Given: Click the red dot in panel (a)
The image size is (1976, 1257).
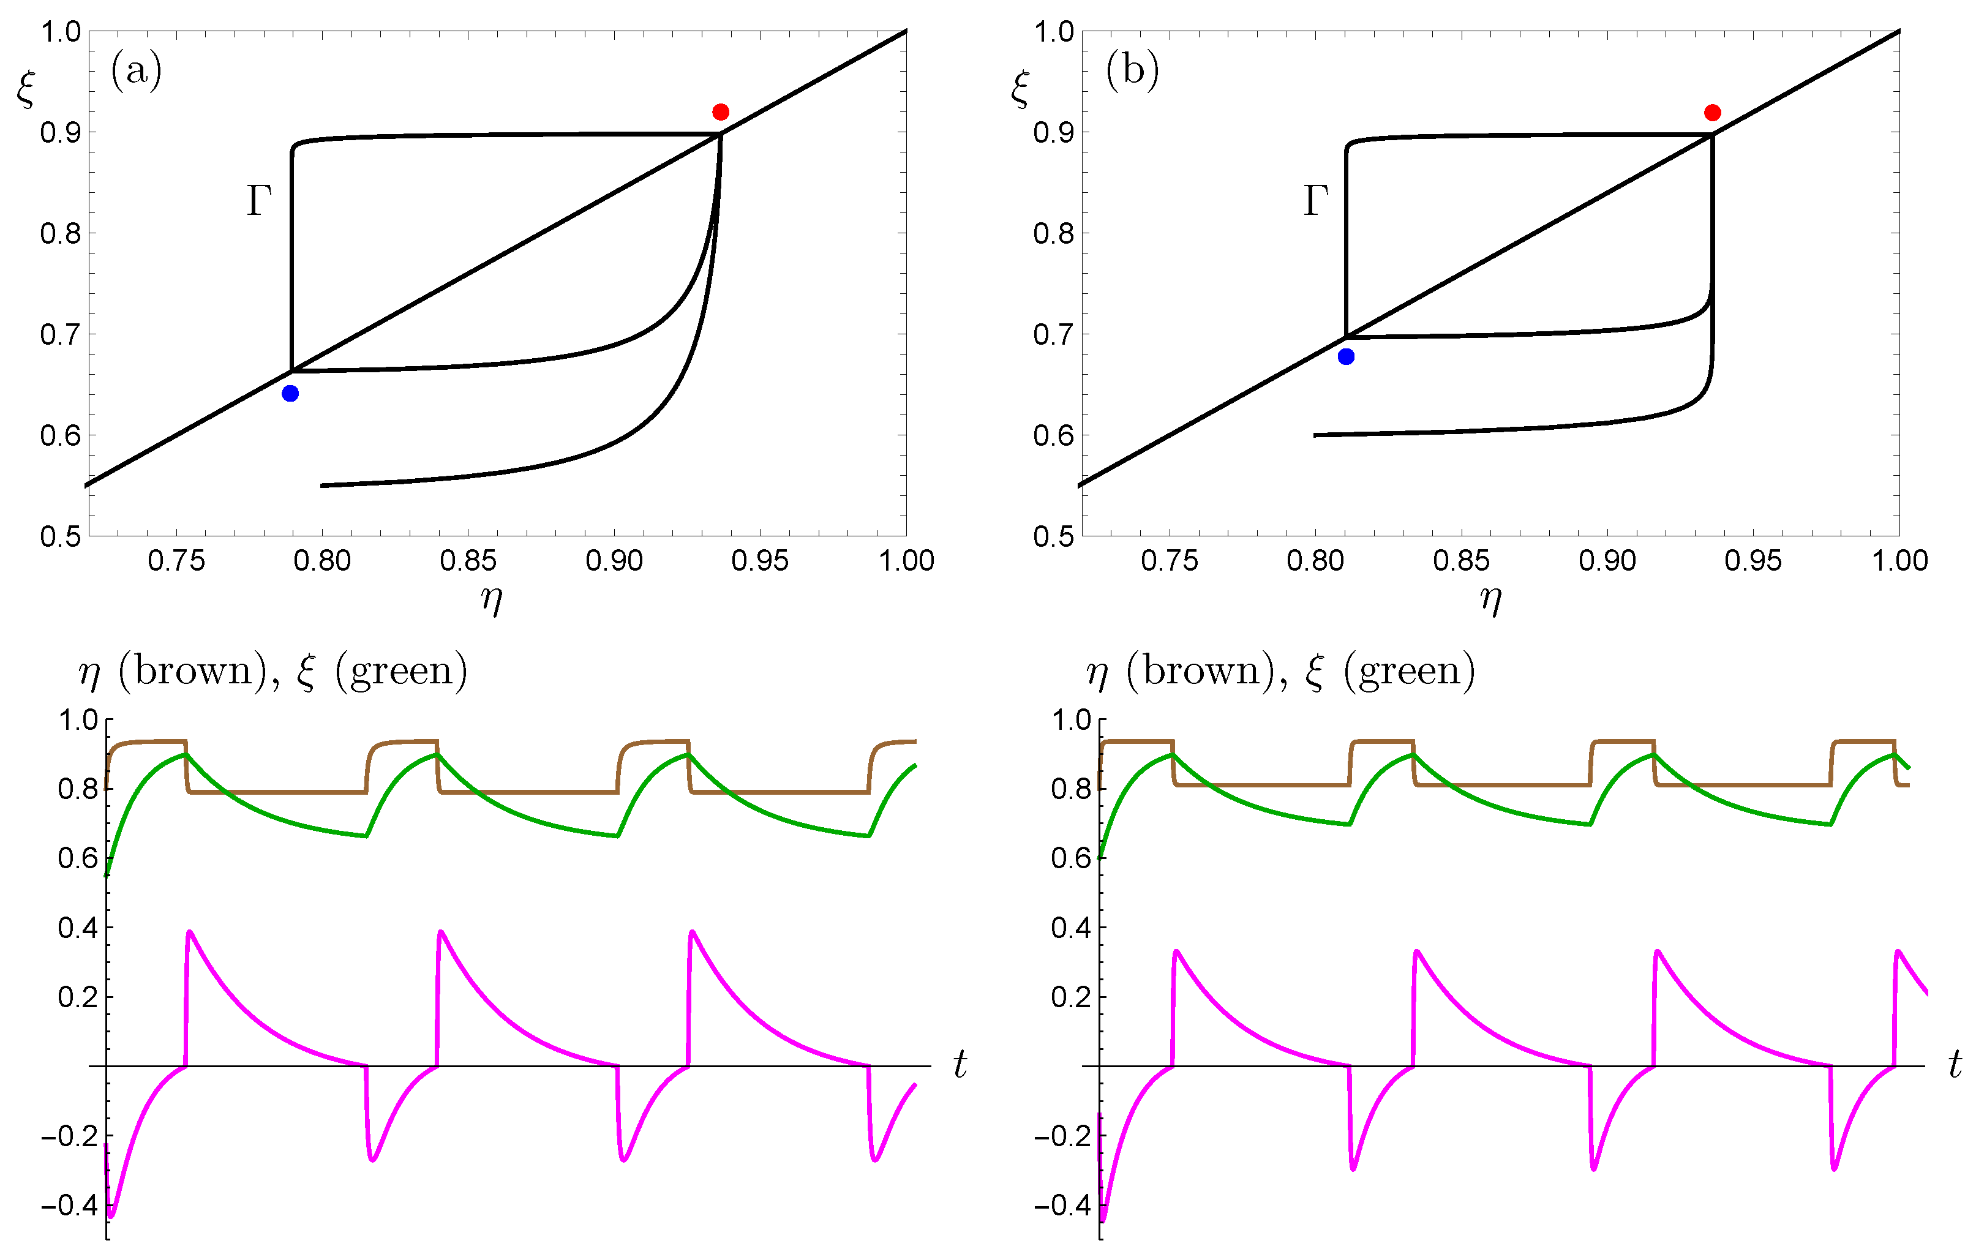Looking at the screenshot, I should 721,111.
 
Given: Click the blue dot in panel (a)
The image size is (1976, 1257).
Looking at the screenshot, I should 290,393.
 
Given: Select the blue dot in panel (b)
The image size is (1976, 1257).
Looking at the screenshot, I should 1346,356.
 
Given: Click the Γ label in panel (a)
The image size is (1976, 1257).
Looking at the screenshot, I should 258,201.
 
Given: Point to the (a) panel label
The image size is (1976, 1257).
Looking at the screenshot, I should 136,70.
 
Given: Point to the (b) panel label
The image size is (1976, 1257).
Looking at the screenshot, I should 1132,70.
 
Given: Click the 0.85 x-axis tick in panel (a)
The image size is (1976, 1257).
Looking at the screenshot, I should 468,561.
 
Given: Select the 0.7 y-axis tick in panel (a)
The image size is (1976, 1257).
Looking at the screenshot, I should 61,334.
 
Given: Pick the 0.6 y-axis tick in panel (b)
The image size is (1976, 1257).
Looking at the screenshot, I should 1054,435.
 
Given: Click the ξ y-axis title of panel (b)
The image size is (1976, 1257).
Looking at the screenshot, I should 1020,89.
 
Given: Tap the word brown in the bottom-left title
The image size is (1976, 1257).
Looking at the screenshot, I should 193,671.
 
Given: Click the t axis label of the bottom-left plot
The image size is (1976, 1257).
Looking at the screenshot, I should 960,1065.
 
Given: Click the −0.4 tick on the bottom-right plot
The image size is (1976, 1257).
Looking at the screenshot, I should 1059,1206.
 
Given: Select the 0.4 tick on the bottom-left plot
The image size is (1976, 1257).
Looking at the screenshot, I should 77,928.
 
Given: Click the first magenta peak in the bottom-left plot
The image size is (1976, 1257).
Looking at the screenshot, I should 190,932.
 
